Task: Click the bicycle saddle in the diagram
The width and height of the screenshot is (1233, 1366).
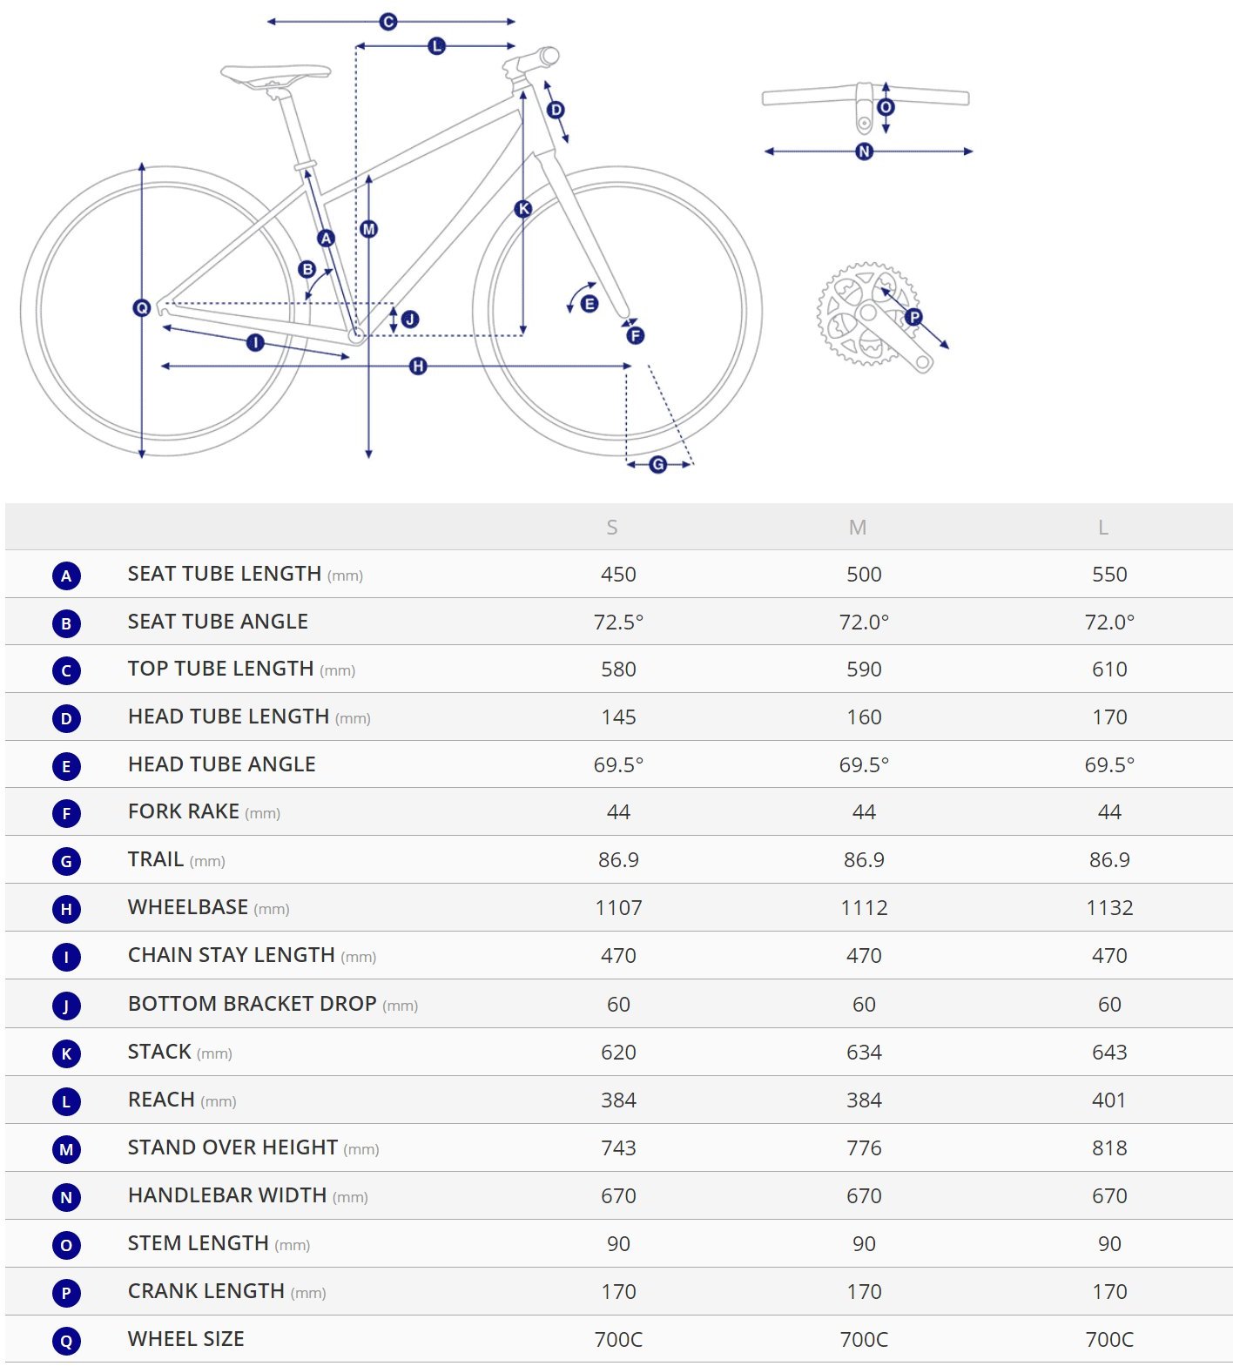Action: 275,74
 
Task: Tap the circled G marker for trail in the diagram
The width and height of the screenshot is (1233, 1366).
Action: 658,465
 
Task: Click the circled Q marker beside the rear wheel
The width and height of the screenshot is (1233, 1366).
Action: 142,307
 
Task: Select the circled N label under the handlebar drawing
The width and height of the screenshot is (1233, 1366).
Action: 864,151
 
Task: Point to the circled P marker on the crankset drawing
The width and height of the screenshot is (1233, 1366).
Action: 913,317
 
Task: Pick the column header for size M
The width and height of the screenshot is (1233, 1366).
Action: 858,528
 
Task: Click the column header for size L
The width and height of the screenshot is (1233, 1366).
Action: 1103,528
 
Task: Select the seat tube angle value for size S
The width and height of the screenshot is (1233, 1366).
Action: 618,622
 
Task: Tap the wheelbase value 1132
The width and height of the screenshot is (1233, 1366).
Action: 1109,908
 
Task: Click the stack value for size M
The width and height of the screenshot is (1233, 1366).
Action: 864,1053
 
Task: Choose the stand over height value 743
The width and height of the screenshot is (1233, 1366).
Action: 618,1148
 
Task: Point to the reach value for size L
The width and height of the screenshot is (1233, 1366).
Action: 1109,1100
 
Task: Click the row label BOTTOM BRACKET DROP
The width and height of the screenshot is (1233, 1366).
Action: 253,1004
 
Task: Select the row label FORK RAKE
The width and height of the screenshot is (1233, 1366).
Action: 184,811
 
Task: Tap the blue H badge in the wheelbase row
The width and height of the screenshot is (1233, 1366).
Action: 66,910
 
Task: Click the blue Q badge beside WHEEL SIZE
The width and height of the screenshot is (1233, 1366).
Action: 66,1341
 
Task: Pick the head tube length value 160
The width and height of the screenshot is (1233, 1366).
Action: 864,717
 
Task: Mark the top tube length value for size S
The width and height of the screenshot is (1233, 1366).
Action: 618,670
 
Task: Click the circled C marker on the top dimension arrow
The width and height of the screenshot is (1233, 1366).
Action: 388,22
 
